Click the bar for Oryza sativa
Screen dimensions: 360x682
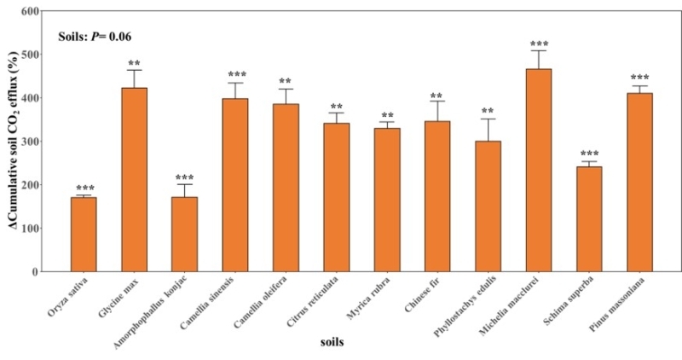coord(84,235)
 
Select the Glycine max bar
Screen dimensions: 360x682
coord(134,180)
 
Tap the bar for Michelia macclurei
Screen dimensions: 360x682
coord(539,171)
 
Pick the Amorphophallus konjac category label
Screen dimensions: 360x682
coord(156,311)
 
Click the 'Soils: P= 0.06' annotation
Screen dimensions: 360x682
coord(94,37)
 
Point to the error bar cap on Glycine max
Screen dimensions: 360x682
coord(134,70)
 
